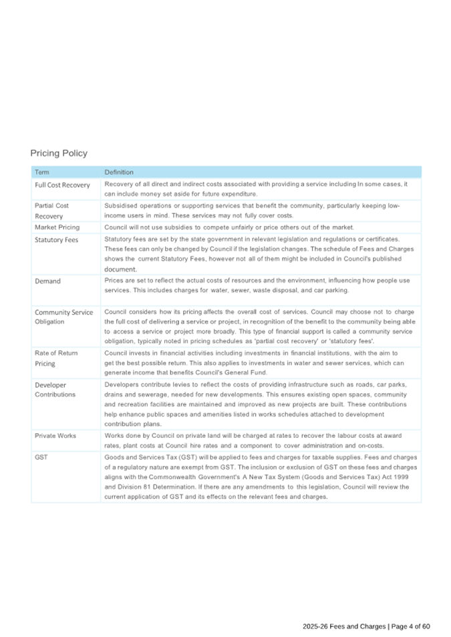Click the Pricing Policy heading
tap(59, 153)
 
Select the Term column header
tap(41, 172)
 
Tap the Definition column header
tap(119, 172)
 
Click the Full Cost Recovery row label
tap(62, 184)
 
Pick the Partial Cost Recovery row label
tap(51, 211)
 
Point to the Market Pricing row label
tap(57, 227)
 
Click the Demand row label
tap(47, 281)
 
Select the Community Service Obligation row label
tap(63, 316)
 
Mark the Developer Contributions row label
tap(55, 390)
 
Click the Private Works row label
tap(55, 436)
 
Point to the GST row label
tap(41, 458)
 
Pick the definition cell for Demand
tap(257, 285)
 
